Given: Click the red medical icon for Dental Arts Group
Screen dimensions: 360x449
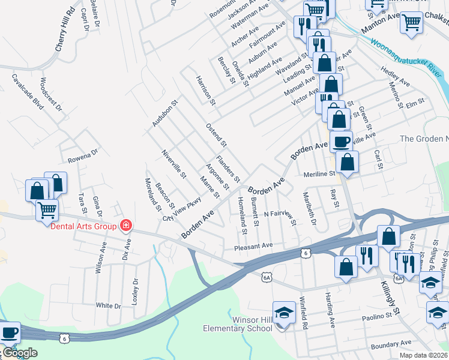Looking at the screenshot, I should pyautogui.click(x=126, y=226).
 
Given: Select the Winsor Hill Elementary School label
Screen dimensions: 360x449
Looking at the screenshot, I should pyautogui.click(x=238, y=324).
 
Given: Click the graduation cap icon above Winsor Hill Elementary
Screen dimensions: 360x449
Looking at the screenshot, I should pyautogui.click(x=284, y=312).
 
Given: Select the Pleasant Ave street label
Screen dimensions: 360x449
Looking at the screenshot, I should pyautogui.click(x=253, y=245).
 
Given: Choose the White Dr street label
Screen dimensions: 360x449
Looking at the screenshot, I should pyautogui.click(x=109, y=305).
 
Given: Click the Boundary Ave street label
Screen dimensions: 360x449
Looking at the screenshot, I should pyautogui.click(x=391, y=345).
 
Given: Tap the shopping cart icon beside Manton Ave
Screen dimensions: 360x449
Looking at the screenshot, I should pyautogui.click(x=411, y=22).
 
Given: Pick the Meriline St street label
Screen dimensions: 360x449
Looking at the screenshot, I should pyautogui.click(x=319, y=173).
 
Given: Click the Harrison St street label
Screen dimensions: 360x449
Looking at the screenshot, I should pyautogui.click(x=204, y=90).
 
